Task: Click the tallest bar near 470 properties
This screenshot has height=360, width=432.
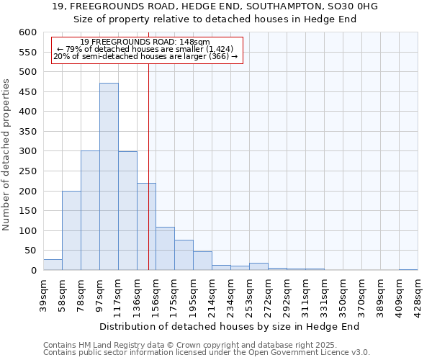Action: (109, 176)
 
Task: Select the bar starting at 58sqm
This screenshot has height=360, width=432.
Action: (71, 230)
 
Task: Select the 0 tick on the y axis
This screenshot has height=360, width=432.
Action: (33, 271)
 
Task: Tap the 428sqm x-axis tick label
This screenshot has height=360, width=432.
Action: (418, 294)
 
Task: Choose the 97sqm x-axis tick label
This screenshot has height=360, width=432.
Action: (100, 294)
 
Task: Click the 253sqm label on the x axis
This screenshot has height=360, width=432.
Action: (250, 294)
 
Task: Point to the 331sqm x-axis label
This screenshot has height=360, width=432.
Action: (325, 294)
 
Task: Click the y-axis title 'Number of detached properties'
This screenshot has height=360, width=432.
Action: (7, 156)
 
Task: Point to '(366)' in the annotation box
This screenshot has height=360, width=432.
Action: (219, 57)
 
